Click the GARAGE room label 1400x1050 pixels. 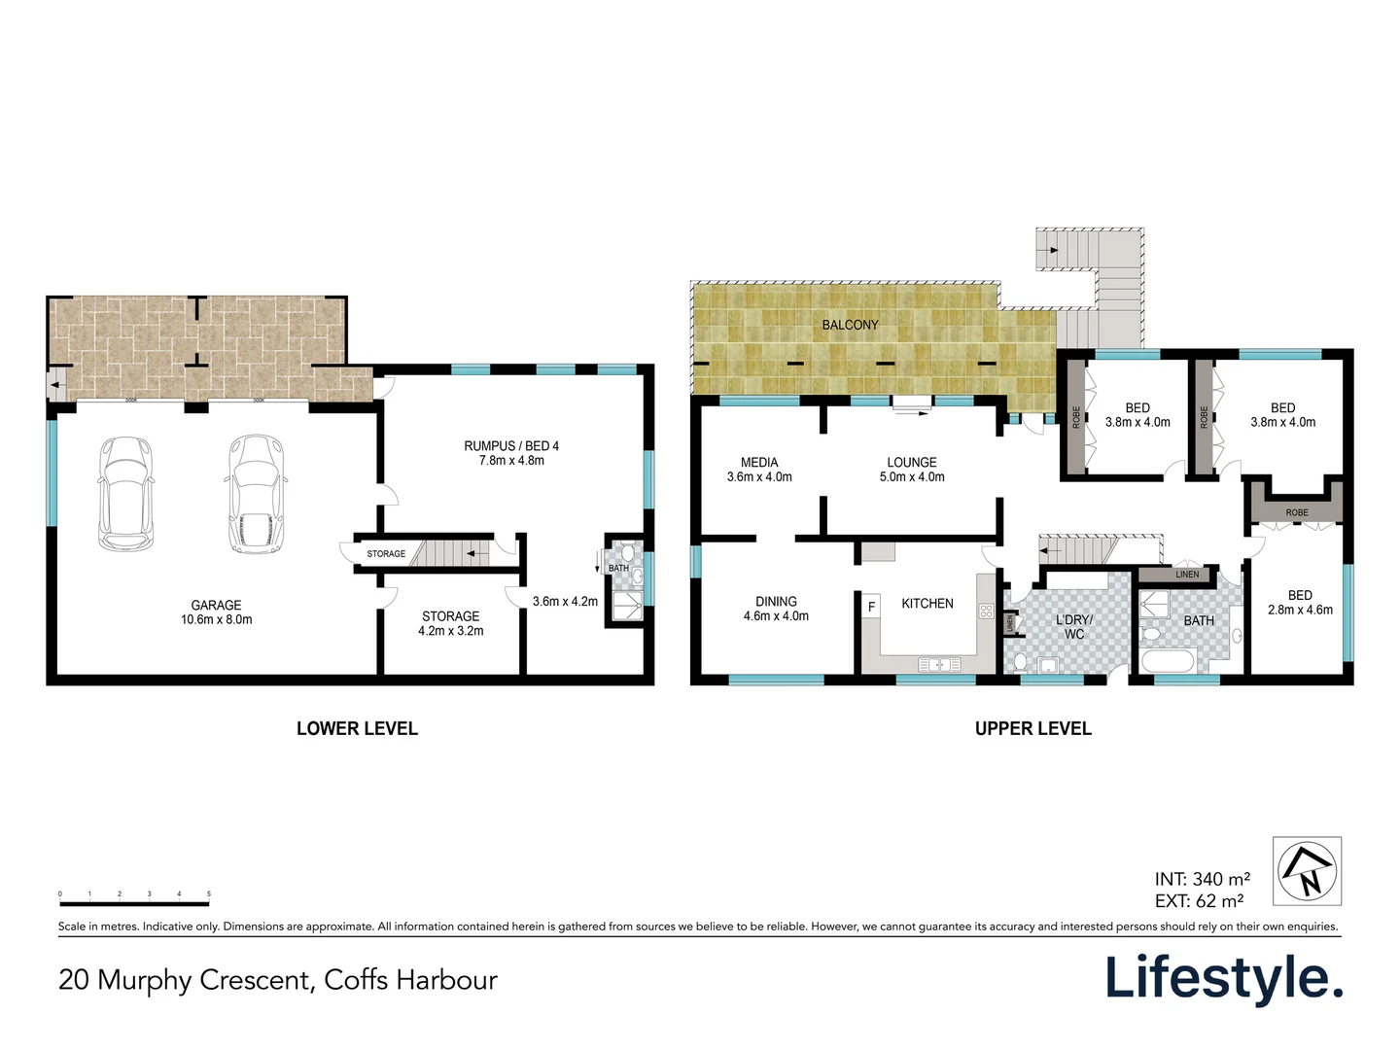[x=216, y=605]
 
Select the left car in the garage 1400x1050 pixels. [x=125, y=493]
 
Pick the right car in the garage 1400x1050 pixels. [x=256, y=494]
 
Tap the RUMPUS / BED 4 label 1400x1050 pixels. [x=511, y=446]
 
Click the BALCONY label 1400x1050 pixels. [x=850, y=325]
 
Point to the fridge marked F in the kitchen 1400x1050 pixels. [x=871, y=607]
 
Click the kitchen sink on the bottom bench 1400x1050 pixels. [x=939, y=665]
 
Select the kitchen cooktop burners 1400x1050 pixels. [x=986, y=612]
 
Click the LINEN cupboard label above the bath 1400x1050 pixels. [x=1187, y=575]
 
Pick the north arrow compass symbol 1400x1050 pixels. [x=1307, y=870]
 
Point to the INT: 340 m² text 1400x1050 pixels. [x=1202, y=880]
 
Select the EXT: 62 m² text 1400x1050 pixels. [x=1199, y=901]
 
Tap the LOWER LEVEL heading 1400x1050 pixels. [x=357, y=728]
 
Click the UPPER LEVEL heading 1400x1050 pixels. [x=1032, y=728]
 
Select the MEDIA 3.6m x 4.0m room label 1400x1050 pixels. [x=759, y=470]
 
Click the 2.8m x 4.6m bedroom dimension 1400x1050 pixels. [x=1300, y=610]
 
